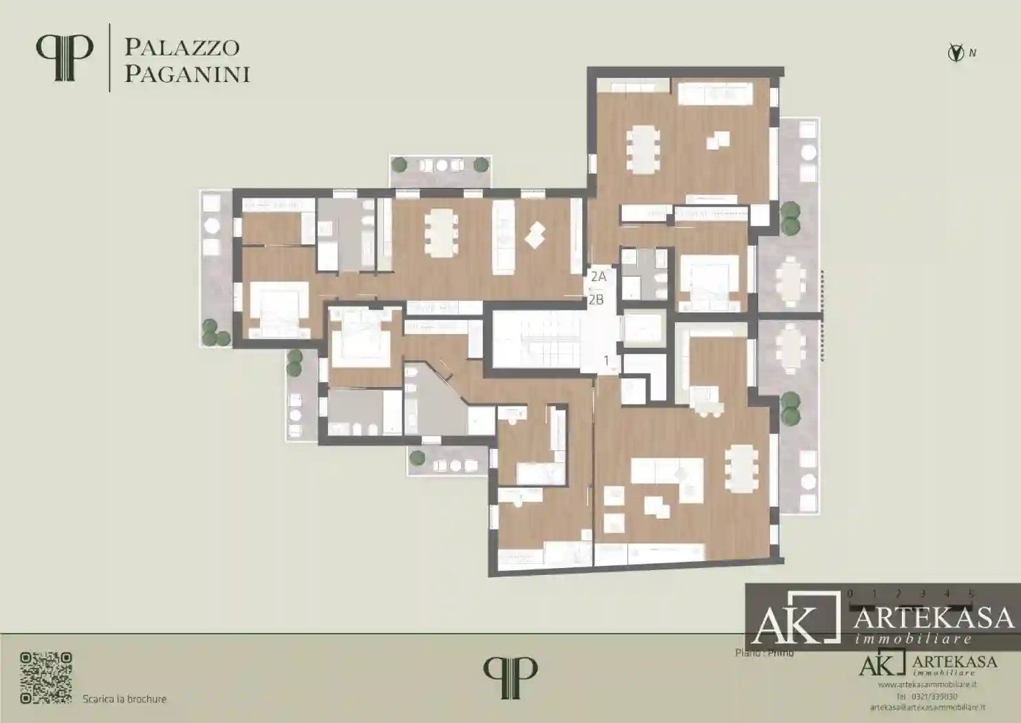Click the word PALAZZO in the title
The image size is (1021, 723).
(x=182, y=48)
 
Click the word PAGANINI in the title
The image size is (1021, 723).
(x=186, y=74)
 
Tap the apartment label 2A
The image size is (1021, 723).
(x=598, y=277)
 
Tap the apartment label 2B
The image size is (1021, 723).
(x=596, y=300)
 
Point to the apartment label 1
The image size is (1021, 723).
(x=606, y=360)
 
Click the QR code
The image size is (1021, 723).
(x=46, y=678)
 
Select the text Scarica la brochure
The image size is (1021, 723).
(x=125, y=699)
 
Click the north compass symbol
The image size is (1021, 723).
(x=955, y=52)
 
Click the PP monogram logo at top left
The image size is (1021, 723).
(x=64, y=58)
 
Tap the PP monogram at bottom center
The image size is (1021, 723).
(x=510, y=678)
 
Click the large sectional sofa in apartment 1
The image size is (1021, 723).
(x=667, y=476)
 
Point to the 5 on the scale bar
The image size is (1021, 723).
(x=971, y=594)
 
